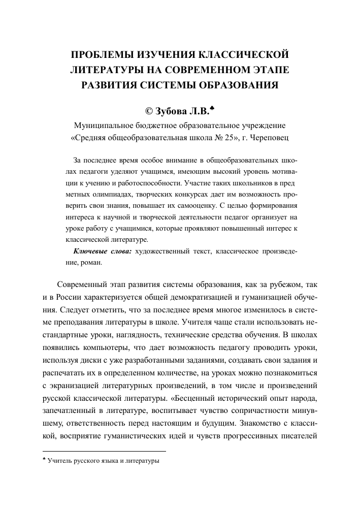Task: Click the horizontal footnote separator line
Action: pyautogui.click(x=104, y=451)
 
